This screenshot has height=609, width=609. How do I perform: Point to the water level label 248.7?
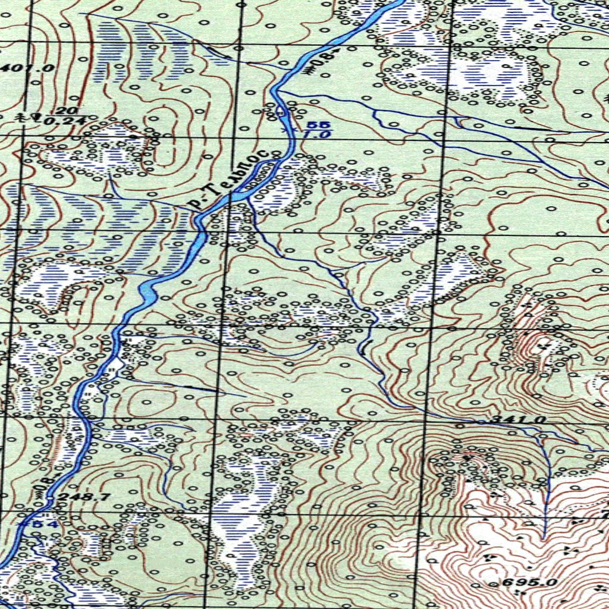point(76,497)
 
